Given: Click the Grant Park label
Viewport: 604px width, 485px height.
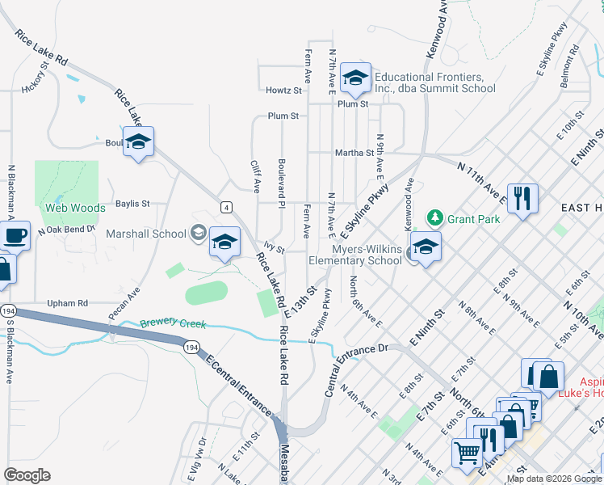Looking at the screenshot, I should tap(474, 219).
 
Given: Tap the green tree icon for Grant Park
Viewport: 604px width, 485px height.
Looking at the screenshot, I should tap(435, 217).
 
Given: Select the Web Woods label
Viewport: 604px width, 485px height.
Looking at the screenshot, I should tap(75, 208).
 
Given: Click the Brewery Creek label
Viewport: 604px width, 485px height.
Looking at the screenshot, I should tap(173, 324).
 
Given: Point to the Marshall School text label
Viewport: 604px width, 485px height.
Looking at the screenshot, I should tap(146, 234).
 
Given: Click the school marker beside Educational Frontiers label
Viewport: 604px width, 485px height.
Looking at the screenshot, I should tap(354, 78).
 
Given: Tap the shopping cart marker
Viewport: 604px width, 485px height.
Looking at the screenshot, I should tap(467, 453).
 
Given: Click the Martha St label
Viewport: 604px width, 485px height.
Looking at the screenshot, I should tap(356, 152).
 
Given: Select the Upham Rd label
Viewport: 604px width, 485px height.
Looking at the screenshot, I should tap(67, 303).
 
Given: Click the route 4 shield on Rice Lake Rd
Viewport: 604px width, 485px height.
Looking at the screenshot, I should tap(228, 206).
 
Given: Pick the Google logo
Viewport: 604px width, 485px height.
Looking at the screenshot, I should tap(27, 475).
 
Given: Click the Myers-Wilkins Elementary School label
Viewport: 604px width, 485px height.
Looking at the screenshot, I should tap(355, 255).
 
